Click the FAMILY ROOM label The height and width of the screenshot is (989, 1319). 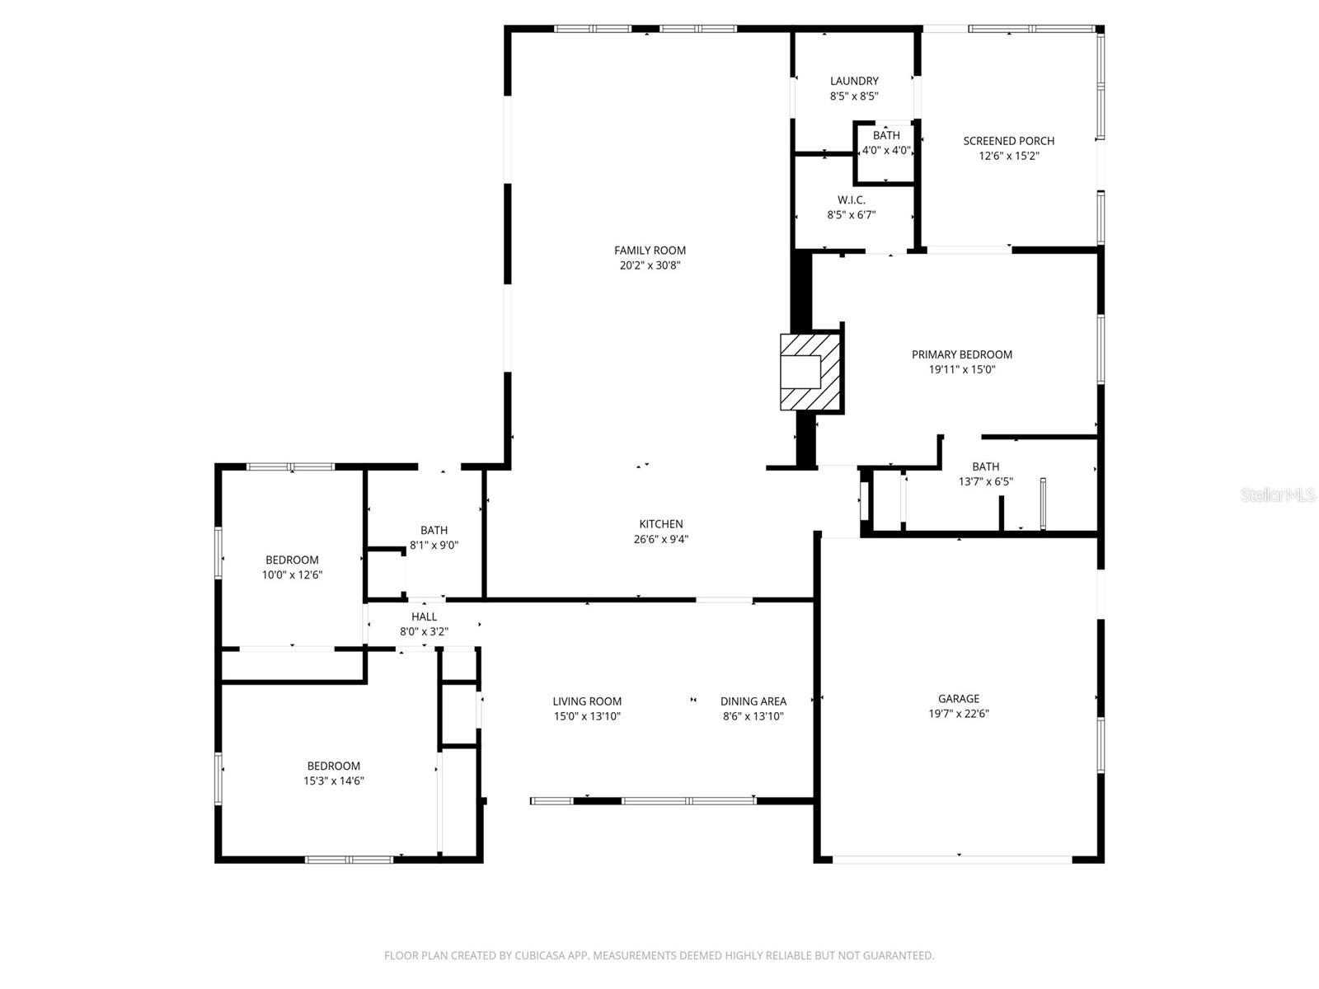click(x=650, y=251)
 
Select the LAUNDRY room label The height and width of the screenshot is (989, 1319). click(x=854, y=81)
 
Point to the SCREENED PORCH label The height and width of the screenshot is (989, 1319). click(x=1008, y=141)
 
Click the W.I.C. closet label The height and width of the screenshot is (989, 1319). click(x=852, y=200)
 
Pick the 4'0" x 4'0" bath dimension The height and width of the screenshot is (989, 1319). click(x=886, y=150)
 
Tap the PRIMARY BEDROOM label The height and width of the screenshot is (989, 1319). click(x=961, y=355)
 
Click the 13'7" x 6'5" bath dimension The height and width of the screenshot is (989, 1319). click(x=985, y=481)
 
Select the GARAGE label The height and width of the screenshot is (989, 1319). click(x=959, y=699)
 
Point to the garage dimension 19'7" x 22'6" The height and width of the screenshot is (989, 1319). click(x=959, y=714)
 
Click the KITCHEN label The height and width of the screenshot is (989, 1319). click(x=661, y=524)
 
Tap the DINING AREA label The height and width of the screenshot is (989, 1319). click(x=753, y=701)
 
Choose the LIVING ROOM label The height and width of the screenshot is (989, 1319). click(x=587, y=701)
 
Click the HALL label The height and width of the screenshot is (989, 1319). click(x=425, y=616)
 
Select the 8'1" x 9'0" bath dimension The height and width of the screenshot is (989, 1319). click(x=434, y=546)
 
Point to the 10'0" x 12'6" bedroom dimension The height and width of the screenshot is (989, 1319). click(x=292, y=575)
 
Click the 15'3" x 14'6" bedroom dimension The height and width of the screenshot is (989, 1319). click(x=334, y=781)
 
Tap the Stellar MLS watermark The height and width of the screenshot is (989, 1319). click(x=1278, y=495)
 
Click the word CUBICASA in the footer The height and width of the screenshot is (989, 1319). click(x=540, y=955)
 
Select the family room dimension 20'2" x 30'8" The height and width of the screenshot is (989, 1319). click(x=650, y=265)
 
